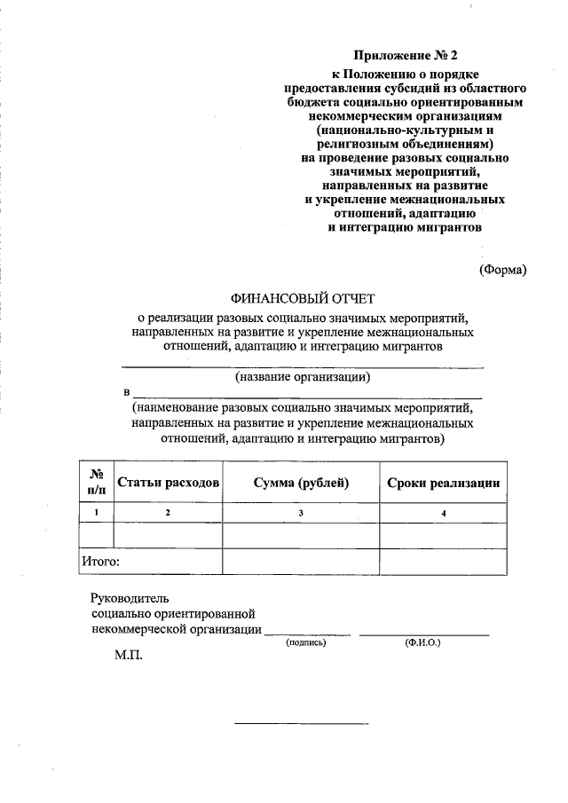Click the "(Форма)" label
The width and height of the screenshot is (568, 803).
click(x=502, y=270)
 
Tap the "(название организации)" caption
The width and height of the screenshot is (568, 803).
click(x=302, y=377)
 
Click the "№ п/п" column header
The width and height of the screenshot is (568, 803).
click(x=97, y=483)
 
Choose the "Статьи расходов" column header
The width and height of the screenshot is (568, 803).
click(x=168, y=484)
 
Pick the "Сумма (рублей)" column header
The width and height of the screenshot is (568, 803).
click(x=301, y=484)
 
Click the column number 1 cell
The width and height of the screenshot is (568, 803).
click(x=97, y=514)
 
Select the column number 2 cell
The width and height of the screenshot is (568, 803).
click(x=168, y=514)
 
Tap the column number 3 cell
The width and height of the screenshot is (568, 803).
click(x=301, y=514)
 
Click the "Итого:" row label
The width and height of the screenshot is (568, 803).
click(x=100, y=561)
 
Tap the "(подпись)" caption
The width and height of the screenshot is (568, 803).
click(x=306, y=642)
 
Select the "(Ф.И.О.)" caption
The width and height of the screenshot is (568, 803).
click(x=422, y=642)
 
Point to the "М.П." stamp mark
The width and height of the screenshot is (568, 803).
click(x=127, y=659)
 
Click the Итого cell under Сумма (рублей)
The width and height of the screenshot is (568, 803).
click(x=301, y=562)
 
